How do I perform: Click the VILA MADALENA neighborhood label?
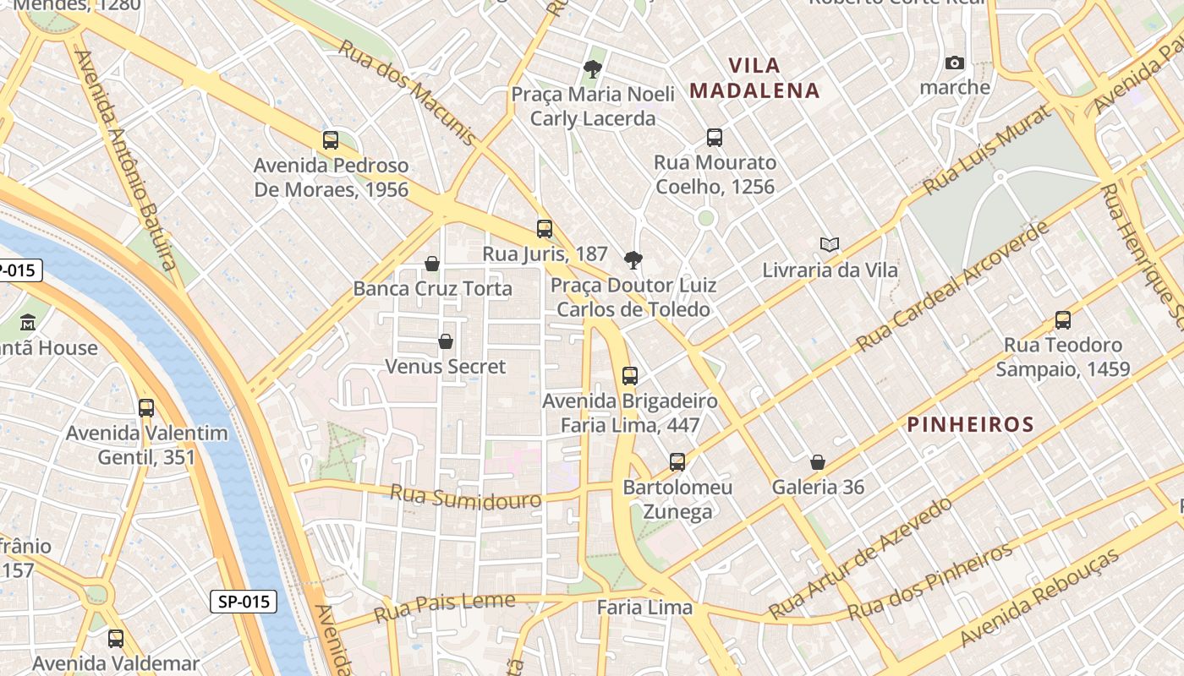[754, 78]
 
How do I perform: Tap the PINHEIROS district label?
[970, 424]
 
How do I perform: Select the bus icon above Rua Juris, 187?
[545, 228]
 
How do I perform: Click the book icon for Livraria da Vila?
[830, 245]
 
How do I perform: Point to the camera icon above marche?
[955, 63]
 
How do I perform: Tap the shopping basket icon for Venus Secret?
[446, 341]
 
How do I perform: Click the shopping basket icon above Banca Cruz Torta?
[432, 264]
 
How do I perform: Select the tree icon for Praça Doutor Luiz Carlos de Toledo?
[633, 259]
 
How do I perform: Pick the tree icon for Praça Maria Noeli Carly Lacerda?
[593, 68]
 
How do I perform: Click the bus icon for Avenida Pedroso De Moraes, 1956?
[331, 140]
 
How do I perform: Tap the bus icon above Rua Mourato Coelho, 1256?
[715, 137]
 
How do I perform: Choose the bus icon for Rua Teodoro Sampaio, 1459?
[1063, 320]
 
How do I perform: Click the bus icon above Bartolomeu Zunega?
[677, 462]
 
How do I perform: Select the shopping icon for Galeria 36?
[818, 462]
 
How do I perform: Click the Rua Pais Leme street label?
[444, 606]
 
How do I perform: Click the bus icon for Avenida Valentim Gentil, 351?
[146, 408]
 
